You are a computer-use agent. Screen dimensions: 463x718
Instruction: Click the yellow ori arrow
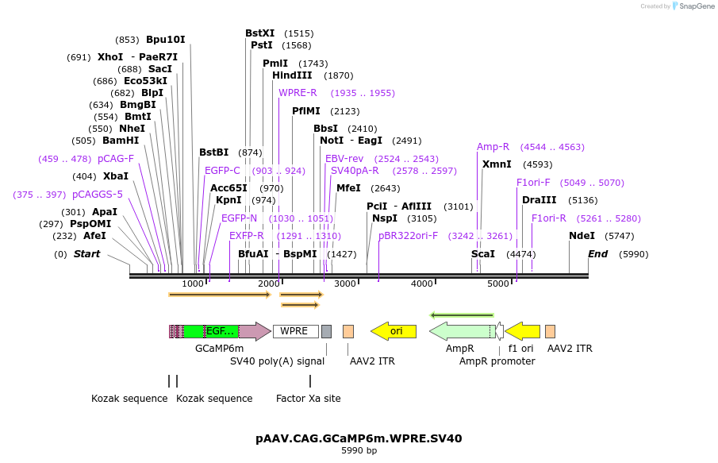click(x=394, y=331)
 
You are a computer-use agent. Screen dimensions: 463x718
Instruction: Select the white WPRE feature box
click(x=295, y=331)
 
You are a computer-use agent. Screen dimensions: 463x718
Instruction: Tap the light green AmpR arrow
click(x=463, y=331)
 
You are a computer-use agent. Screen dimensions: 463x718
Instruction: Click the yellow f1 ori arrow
click(x=523, y=331)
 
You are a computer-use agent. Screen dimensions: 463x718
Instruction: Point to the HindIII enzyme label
click(x=292, y=75)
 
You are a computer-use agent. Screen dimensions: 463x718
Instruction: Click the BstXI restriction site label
click(x=260, y=33)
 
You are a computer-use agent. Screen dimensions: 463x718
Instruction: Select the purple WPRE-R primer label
click(x=298, y=93)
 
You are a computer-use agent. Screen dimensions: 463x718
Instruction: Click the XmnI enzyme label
click(x=497, y=164)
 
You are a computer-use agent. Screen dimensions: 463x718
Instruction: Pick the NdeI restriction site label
click(x=582, y=236)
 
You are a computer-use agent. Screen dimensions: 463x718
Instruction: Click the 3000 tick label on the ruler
click(x=345, y=284)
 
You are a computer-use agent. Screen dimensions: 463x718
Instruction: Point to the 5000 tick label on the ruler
click(x=498, y=284)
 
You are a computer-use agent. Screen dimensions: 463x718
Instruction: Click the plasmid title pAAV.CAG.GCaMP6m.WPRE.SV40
click(x=359, y=438)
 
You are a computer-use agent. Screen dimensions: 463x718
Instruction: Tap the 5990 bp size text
click(x=359, y=451)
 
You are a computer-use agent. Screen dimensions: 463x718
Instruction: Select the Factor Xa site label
click(x=309, y=398)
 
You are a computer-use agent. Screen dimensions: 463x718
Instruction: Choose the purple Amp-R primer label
click(x=493, y=147)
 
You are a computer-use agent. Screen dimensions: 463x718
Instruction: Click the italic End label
click(x=597, y=254)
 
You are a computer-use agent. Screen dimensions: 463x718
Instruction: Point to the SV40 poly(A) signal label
click(x=277, y=361)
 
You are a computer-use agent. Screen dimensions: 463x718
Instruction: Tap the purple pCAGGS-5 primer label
click(x=98, y=195)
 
